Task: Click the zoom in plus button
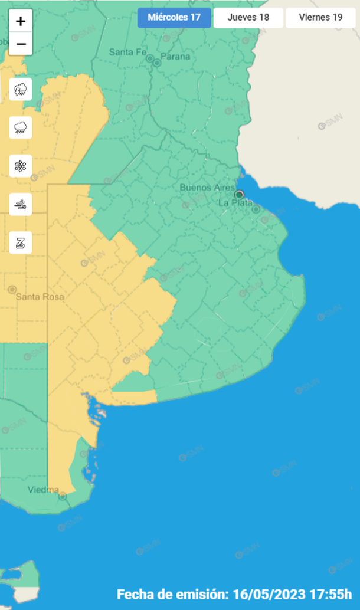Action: click(21, 22)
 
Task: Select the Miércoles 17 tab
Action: click(174, 17)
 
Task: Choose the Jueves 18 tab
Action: click(248, 17)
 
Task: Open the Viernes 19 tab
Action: click(320, 17)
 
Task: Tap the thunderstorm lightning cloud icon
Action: click(21, 90)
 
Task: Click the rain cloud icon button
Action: click(21, 127)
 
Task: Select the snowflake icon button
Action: click(21, 166)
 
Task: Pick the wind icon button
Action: click(21, 204)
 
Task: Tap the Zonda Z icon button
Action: click(21, 242)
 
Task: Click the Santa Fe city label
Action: click(127, 52)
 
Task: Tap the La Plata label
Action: click(231, 202)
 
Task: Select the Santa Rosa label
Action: click(40, 296)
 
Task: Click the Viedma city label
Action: click(43, 490)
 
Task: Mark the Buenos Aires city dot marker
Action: click(239, 194)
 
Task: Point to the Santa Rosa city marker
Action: click(12, 289)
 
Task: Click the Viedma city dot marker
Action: click(63, 497)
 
